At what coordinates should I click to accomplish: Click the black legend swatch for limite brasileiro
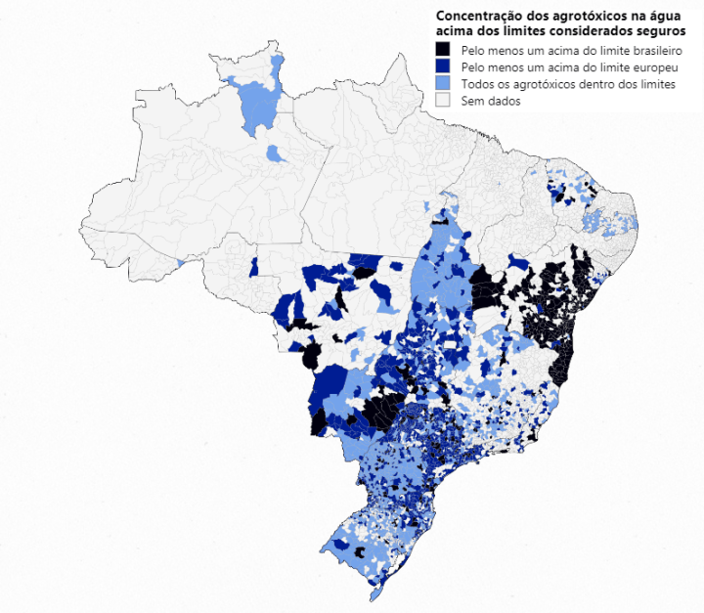click(x=443, y=49)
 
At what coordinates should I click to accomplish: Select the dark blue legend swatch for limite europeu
click(x=443, y=66)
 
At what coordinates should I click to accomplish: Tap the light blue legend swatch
click(x=443, y=84)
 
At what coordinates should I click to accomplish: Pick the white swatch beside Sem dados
click(x=443, y=101)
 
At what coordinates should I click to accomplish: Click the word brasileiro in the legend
click(x=646, y=49)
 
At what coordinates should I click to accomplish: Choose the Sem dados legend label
click(x=491, y=101)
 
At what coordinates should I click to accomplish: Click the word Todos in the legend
click(x=478, y=84)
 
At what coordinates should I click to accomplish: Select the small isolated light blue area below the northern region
click(x=277, y=153)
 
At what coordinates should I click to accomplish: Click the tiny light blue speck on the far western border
click(x=181, y=262)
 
